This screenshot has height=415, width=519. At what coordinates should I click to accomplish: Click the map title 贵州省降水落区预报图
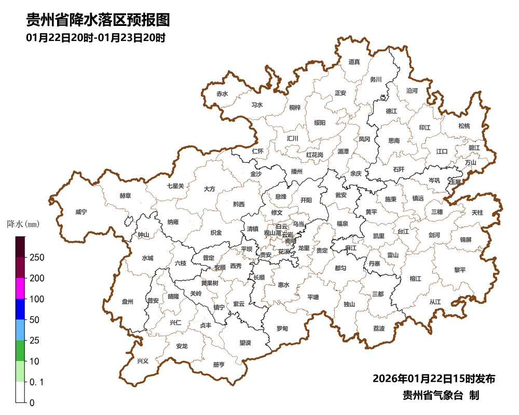98,20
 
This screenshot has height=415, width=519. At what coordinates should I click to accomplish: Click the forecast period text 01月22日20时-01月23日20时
95,38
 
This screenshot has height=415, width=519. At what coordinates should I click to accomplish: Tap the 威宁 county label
81,212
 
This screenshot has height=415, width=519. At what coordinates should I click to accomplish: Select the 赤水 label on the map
222,94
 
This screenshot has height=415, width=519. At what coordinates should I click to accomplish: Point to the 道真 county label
354,62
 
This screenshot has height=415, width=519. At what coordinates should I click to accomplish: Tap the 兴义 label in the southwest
142,360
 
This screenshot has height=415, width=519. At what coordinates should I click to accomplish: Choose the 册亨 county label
219,365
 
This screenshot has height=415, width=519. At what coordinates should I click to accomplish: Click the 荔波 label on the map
379,329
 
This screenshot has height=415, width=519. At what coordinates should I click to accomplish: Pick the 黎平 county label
460,270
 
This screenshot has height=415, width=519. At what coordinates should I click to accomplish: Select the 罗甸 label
282,329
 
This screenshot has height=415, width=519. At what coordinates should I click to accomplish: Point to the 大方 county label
209,189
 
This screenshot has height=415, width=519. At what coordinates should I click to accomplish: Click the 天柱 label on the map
477,213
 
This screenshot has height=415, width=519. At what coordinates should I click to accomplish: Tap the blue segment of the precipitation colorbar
20,309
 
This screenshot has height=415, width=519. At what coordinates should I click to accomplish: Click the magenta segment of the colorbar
20,288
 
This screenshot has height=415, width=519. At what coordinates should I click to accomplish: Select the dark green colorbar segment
20,350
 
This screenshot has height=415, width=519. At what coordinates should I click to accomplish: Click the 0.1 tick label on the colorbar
36,382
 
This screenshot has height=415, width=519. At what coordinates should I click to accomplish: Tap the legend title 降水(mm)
23,225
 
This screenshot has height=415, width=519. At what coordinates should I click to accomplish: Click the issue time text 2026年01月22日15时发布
433,378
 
